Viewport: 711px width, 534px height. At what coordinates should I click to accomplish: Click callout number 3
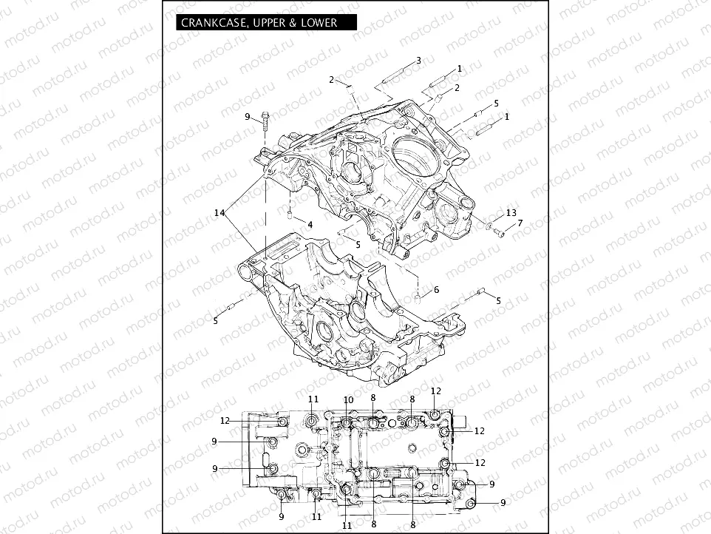418,60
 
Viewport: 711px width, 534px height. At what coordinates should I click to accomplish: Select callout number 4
310,224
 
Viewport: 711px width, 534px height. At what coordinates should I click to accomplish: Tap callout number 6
436,290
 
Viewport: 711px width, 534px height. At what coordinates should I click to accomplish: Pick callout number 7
520,223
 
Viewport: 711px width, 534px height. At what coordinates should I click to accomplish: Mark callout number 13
511,213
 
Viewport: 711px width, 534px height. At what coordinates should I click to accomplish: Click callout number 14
219,213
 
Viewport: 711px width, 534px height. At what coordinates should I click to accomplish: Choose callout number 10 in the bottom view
347,399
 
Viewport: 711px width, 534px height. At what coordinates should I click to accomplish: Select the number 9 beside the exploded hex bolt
248,117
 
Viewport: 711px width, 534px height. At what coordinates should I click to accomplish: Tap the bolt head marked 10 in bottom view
347,422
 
